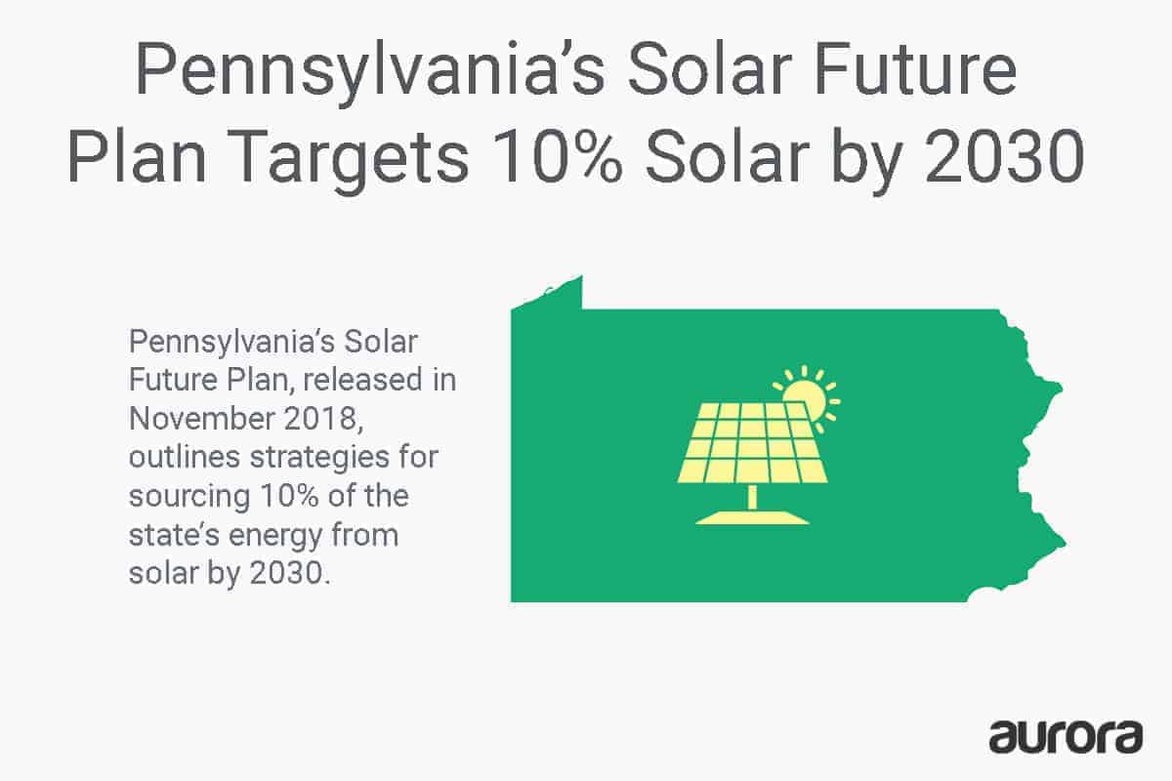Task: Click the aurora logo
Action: coord(1066,735)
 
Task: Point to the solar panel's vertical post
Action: coord(752,497)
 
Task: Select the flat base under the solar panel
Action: coord(752,517)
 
